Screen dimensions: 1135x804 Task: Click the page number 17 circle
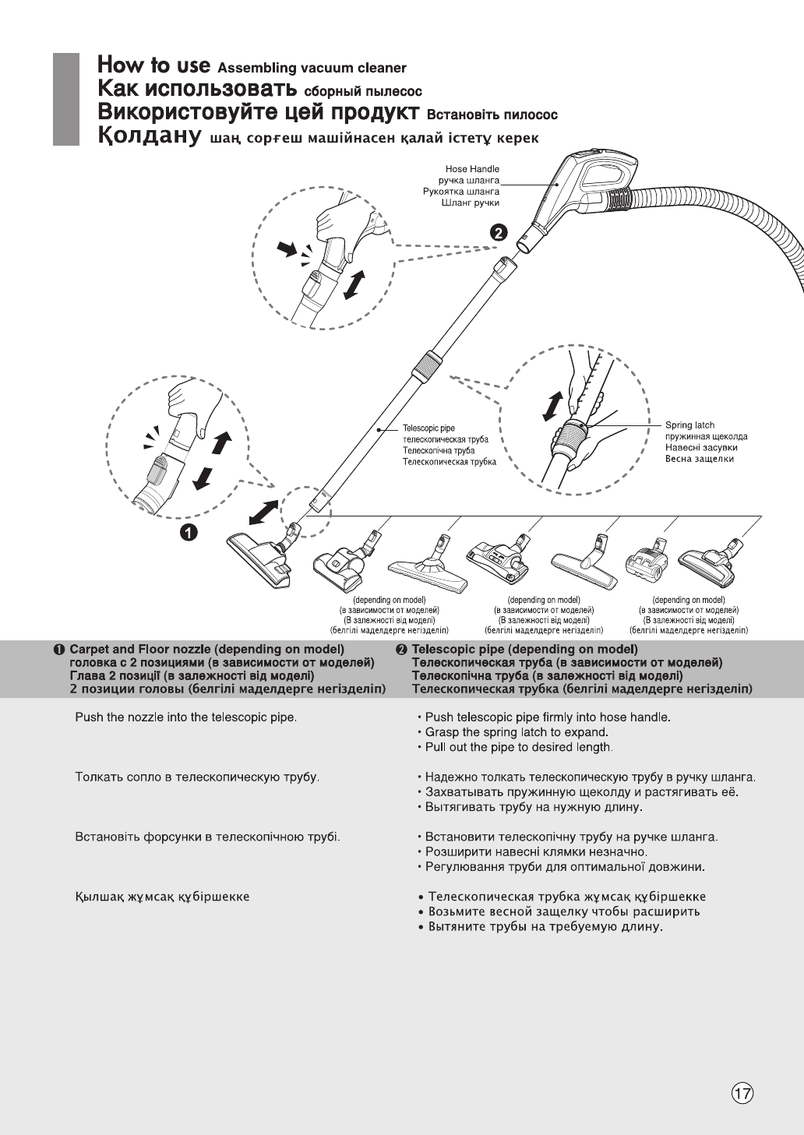(743, 1094)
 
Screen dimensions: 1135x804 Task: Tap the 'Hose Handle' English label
(472, 168)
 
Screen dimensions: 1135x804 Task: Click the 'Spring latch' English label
(689, 425)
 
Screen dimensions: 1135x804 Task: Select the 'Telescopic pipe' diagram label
(428, 428)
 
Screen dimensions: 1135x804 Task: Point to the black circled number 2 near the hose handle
(499, 231)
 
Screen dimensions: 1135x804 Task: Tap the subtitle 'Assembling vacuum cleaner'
(312, 69)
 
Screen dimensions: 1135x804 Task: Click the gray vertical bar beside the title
(66, 99)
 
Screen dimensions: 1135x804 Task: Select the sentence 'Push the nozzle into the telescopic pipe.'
(185, 717)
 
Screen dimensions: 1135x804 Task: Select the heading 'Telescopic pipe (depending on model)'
(524, 649)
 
